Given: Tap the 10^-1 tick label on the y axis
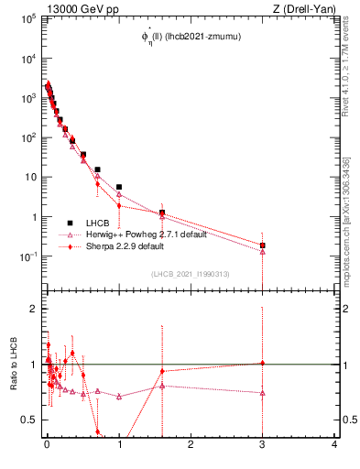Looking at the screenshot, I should click(x=27, y=256).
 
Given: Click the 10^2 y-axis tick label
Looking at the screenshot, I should click(x=27, y=137).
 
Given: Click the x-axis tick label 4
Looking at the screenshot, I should click(x=334, y=447).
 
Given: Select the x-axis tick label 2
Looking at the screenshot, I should click(x=191, y=447).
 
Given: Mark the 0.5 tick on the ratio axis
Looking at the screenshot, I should click(x=29, y=420).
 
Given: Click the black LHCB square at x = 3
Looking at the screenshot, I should click(x=263, y=245).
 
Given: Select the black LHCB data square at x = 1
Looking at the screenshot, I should click(x=119, y=187).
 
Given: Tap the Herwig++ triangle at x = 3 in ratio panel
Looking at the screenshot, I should click(x=263, y=393).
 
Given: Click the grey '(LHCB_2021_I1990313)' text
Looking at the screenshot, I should click(x=191, y=275).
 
